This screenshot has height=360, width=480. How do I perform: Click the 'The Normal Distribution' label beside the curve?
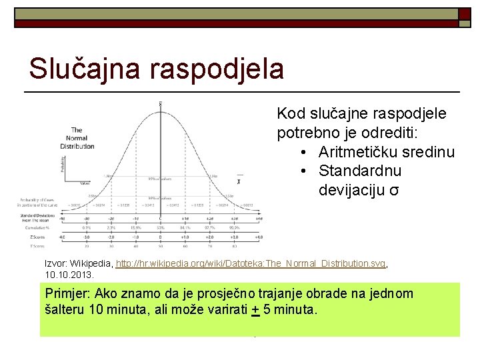[77, 138]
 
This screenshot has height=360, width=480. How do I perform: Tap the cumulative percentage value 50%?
[161, 228]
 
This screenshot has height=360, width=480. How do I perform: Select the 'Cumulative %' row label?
[33, 228]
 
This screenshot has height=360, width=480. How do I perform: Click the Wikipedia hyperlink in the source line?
[251, 264]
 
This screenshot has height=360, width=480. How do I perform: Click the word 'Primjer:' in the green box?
[68, 294]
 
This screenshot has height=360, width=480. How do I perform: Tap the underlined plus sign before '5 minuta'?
[255, 310]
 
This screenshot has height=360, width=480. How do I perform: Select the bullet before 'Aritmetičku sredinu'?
[304, 153]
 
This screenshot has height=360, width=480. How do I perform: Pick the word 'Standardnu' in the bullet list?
[360, 171]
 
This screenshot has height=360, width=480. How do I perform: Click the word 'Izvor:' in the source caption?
[56, 264]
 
